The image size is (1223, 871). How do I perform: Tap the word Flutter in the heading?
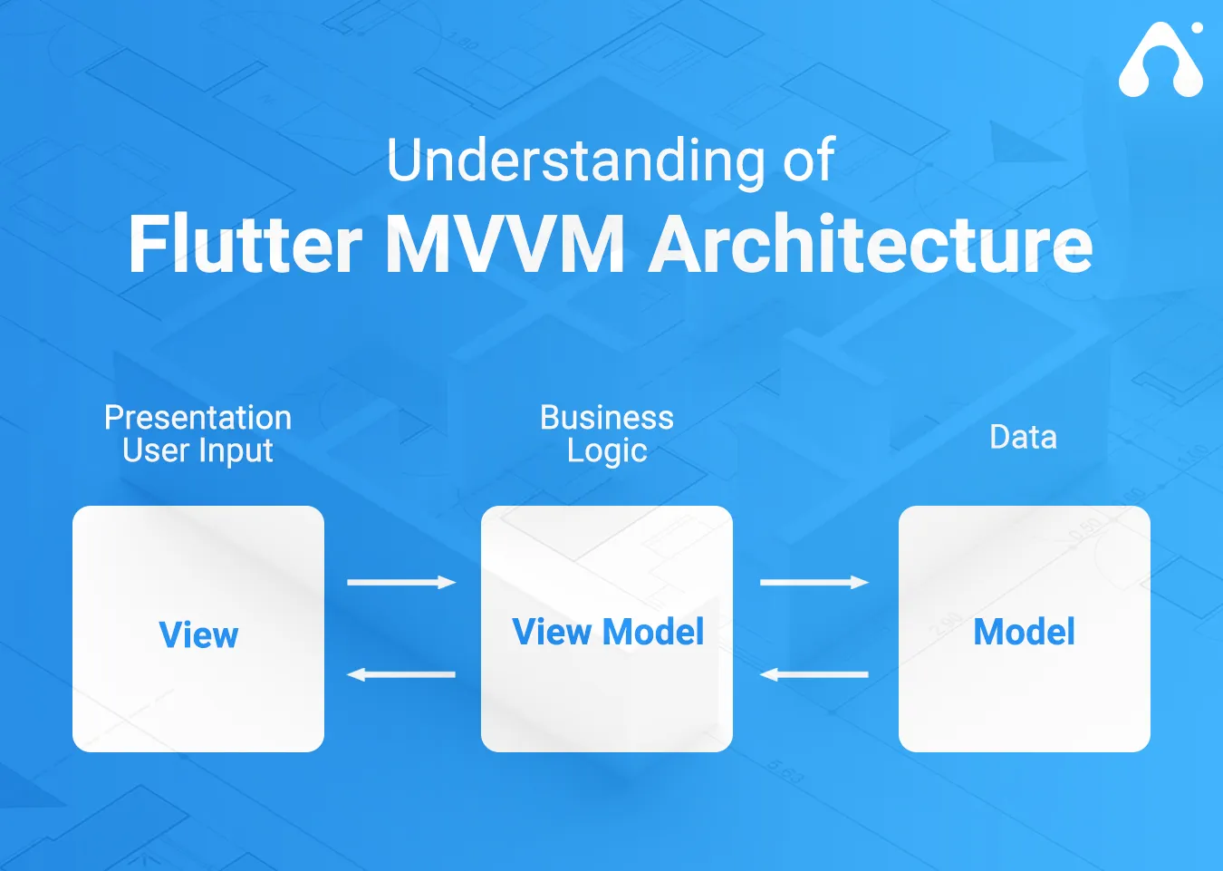click(246, 245)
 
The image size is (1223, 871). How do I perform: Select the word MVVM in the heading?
click(506, 245)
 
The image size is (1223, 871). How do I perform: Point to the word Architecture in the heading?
click(872, 245)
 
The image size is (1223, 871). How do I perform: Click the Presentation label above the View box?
click(197, 418)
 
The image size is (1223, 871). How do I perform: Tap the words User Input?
click(197, 450)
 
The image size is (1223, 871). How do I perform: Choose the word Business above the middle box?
click(607, 418)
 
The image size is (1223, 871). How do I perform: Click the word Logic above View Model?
click(607, 450)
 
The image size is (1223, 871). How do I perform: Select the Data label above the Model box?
click(1023, 437)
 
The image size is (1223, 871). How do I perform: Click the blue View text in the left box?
click(198, 634)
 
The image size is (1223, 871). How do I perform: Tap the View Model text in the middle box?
click(607, 632)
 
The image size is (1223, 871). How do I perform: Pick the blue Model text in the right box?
click(1024, 632)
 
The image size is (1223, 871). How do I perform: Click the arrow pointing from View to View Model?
click(401, 582)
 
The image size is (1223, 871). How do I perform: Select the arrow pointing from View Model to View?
click(401, 674)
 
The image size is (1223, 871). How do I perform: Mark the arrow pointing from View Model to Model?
click(814, 582)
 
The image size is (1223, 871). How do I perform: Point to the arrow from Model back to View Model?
click(814, 674)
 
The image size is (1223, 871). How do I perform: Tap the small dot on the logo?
click(1197, 28)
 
